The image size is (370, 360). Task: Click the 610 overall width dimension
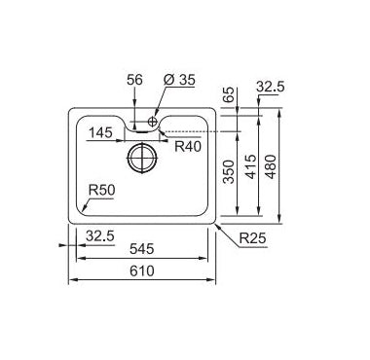point(142,270)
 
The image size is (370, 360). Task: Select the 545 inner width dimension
point(141,249)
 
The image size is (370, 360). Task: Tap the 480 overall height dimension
point(271,166)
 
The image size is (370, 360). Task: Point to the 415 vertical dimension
point(250,166)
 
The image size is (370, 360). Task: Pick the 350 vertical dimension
point(229,172)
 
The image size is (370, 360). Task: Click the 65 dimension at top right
point(229,94)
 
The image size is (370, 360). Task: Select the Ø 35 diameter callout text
point(179,80)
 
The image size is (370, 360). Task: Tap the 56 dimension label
point(134,80)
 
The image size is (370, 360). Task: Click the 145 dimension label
point(100,132)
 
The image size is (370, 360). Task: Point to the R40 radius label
point(188,147)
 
